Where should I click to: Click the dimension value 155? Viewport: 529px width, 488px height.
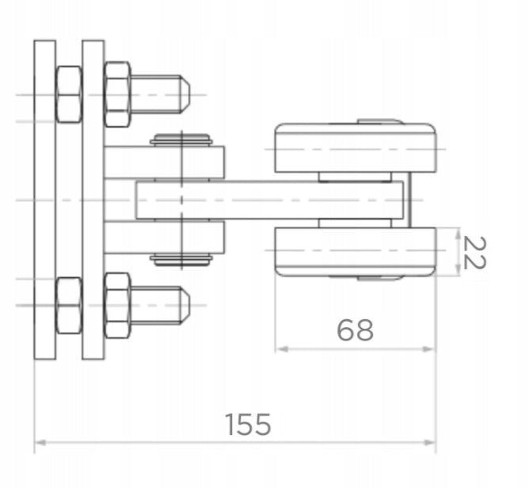(248, 424)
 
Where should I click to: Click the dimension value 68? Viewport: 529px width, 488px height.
(356, 330)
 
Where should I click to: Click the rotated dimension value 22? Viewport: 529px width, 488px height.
(475, 253)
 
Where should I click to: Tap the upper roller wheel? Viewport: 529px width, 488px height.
(356, 148)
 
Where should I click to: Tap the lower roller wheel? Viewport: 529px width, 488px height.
(356, 252)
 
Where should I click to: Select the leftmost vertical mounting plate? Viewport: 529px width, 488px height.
(45, 200)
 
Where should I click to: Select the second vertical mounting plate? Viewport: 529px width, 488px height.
(93, 200)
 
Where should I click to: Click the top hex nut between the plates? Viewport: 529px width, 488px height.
(69, 94)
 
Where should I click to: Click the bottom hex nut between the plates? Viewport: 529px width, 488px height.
(69, 306)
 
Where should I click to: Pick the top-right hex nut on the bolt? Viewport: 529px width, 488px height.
(117, 94)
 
